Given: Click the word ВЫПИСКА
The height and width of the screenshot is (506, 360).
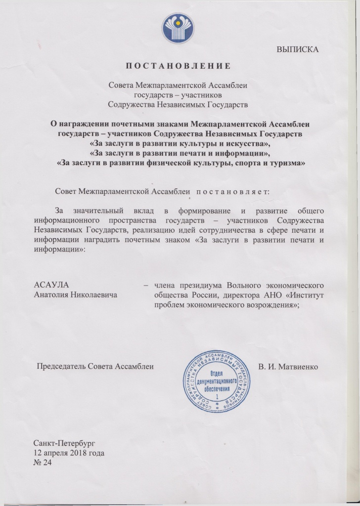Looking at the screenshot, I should pyautogui.click(x=298, y=49).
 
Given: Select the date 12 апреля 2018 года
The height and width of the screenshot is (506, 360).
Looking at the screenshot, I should pyautogui.click(x=69, y=453).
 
